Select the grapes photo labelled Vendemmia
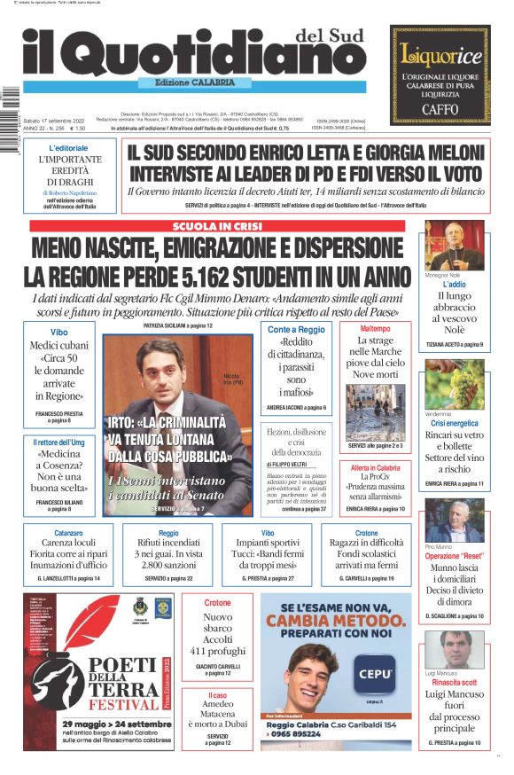tap(454, 384)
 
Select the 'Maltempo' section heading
tap(375, 328)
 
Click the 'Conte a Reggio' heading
tap(295, 329)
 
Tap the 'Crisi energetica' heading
tap(454, 424)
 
